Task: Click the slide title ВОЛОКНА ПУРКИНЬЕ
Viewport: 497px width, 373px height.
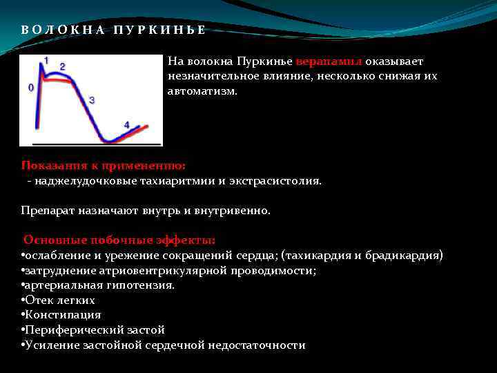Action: pos(113,30)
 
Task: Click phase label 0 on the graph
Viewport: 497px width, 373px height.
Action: pos(30,88)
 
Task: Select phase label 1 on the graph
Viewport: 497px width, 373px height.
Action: pos(46,60)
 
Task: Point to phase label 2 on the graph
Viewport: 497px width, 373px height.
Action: pos(63,66)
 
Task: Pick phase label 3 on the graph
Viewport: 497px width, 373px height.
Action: pos(92,100)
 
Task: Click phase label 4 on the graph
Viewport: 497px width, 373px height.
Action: pos(126,124)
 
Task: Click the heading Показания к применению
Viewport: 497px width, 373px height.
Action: pos(104,166)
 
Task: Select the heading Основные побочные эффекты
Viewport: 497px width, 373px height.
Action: pos(119,240)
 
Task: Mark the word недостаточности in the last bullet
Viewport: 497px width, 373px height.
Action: pos(260,345)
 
